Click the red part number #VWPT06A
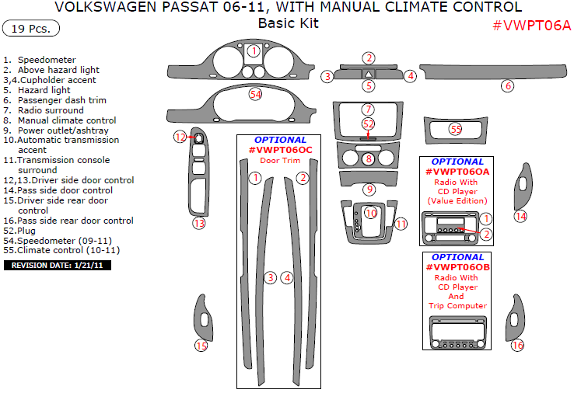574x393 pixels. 532,25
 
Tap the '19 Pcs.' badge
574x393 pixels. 30,30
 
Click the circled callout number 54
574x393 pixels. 255,94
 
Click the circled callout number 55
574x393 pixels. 456,129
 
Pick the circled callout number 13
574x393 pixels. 199,223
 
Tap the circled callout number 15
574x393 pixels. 201,346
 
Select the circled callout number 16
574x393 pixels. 517,345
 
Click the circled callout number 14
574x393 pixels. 520,216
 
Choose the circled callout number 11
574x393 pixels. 401,224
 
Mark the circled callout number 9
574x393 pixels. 369,189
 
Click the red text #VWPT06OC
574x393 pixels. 281,150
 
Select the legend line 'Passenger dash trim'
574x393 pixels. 62,100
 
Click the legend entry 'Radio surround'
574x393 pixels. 55,110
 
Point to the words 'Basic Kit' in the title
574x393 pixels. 288,23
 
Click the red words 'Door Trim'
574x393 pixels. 280,161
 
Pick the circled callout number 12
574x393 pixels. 180,137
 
